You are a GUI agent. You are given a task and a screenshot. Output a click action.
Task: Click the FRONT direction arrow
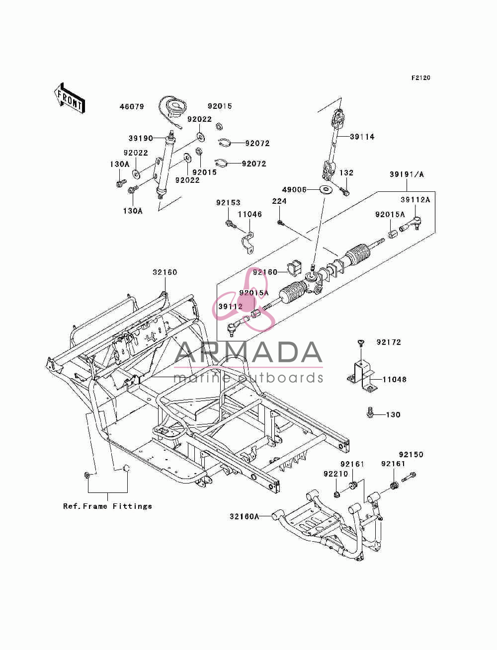tap(70, 98)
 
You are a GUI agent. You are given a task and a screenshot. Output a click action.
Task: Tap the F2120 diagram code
tap(420, 78)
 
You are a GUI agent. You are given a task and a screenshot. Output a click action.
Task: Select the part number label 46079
tap(132, 107)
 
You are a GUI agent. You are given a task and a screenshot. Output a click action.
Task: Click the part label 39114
tap(362, 137)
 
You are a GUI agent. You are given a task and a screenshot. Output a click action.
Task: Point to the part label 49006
tap(294, 189)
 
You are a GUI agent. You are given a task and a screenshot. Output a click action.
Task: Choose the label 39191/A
tap(407, 174)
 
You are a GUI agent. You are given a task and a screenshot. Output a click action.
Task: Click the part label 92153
tap(228, 203)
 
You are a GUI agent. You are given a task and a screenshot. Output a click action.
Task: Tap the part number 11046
tap(249, 214)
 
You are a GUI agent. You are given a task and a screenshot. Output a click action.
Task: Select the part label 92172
tap(389, 342)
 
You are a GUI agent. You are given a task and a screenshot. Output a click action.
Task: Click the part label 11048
tap(395, 379)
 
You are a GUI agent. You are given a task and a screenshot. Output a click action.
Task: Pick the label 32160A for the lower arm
tap(245, 516)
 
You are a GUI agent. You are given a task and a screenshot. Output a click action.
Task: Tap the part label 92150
tap(411, 454)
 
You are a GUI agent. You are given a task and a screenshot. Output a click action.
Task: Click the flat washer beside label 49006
tap(325, 189)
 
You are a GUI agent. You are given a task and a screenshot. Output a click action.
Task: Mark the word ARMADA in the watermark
tap(248, 353)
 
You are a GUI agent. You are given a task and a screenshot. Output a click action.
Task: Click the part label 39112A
tap(415, 200)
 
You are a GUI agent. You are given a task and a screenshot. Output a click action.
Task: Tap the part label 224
tap(279, 201)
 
